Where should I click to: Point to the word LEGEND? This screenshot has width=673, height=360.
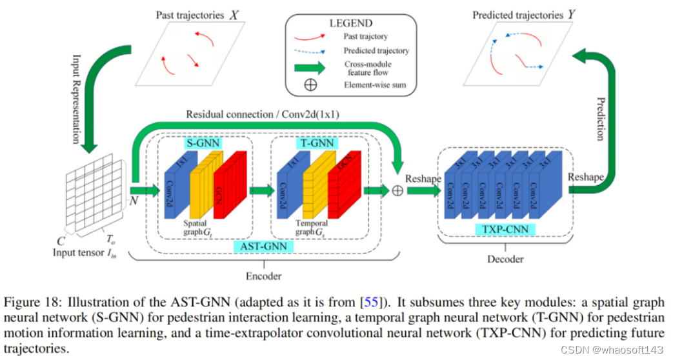[x=350, y=23]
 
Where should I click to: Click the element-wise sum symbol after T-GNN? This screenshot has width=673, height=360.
[x=397, y=190]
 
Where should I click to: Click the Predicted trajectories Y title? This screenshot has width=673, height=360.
[x=523, y=14]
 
